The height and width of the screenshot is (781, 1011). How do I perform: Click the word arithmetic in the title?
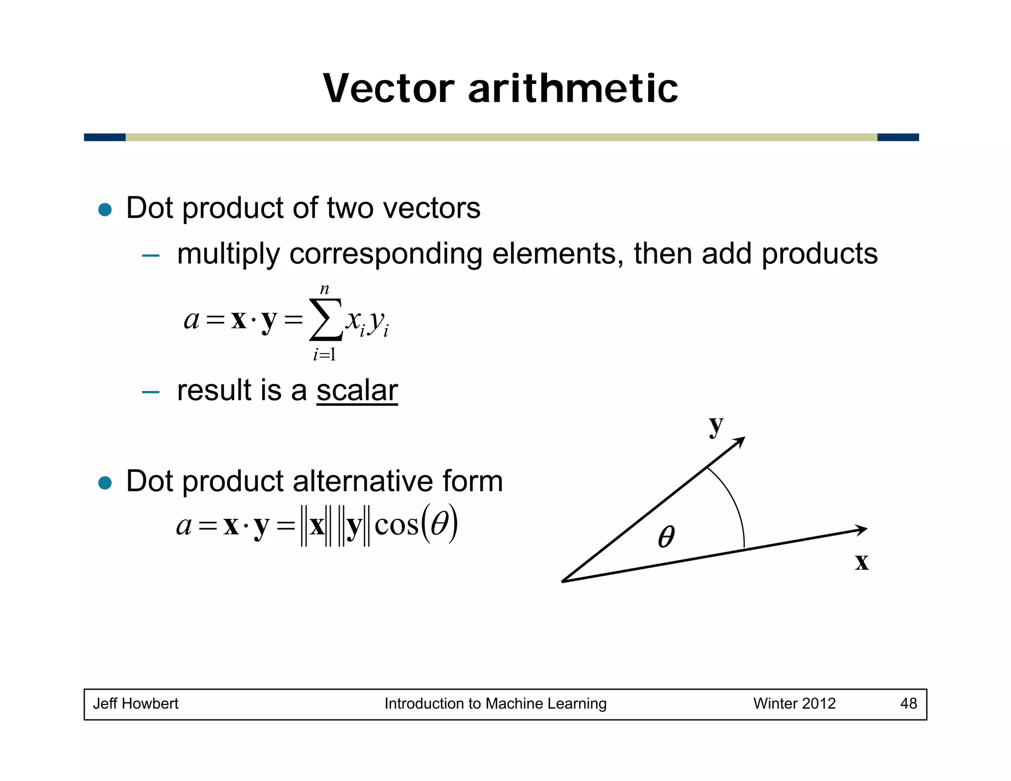tap(573, 88)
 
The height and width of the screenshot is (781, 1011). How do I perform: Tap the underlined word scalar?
tap(357, 390)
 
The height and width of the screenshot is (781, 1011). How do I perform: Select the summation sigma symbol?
tap(325, 319)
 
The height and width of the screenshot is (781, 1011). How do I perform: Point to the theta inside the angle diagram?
tap(666, 537)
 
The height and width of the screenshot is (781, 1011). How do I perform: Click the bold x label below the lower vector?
tap(861, 562)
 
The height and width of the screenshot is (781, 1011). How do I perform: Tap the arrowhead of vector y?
tap(739, 441)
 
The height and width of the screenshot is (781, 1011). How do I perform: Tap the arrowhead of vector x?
tap(861, 530)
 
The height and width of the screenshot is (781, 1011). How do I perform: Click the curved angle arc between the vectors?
tap(736, 504)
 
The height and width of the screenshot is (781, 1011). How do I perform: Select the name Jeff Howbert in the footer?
tap(135, 703)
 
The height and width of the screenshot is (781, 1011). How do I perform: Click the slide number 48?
tap(908, 703)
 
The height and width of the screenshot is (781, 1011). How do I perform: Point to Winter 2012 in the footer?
tap(794, 703)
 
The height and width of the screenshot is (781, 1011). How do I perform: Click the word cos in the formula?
tap(396, 525)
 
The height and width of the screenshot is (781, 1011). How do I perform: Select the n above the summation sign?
tap(324, 289)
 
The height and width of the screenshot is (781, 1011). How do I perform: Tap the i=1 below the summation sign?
tap(324, 354)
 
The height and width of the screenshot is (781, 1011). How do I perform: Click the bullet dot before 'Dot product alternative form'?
tap(105, 482)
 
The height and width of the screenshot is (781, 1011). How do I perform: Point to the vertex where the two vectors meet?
tap(563, 582)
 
